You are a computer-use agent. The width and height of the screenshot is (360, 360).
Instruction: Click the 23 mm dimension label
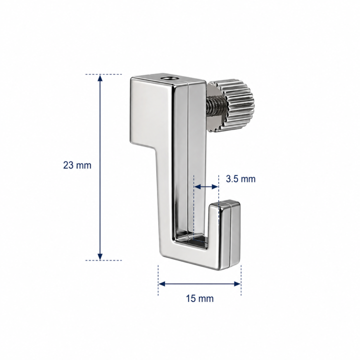(x=77, y=165)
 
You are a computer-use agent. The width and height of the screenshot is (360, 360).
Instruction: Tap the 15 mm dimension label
(x=199, y=298)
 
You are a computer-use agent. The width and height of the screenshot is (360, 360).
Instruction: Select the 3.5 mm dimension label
(x=240, y=179)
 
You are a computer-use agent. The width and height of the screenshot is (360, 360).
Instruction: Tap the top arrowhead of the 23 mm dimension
(x=100, y=78)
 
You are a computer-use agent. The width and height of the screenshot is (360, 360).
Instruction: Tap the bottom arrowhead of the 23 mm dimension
(x=100, y=256)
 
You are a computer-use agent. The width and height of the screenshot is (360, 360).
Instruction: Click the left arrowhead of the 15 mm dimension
(x=162, y=284)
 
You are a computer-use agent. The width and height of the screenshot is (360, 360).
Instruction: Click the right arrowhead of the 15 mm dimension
(x=237, y=284)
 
